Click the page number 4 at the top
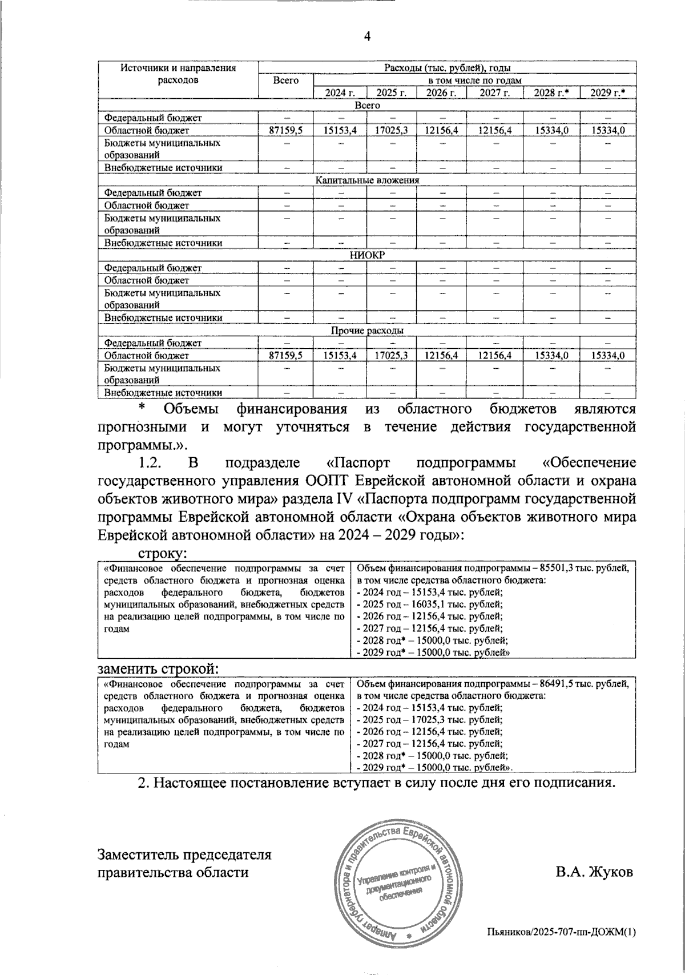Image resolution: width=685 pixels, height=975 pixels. tap(367, 37)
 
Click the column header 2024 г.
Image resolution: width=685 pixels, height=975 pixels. tap(340, 92)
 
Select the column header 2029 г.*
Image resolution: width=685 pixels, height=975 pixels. tap(608, 92)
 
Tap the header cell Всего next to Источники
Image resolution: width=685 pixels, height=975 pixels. tap(285, 80)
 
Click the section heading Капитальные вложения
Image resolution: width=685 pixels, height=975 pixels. tap(367, 180)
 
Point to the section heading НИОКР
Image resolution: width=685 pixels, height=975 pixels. tap(367, 256)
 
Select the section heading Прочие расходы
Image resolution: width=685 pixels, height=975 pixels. tap(367, 331)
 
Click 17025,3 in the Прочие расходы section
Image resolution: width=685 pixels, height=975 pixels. tap(391, 356)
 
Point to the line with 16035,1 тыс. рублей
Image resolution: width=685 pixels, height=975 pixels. tap(429, 604)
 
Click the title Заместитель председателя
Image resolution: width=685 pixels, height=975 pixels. tap(184, 855)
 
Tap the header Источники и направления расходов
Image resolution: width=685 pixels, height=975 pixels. tap(178, 74)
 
